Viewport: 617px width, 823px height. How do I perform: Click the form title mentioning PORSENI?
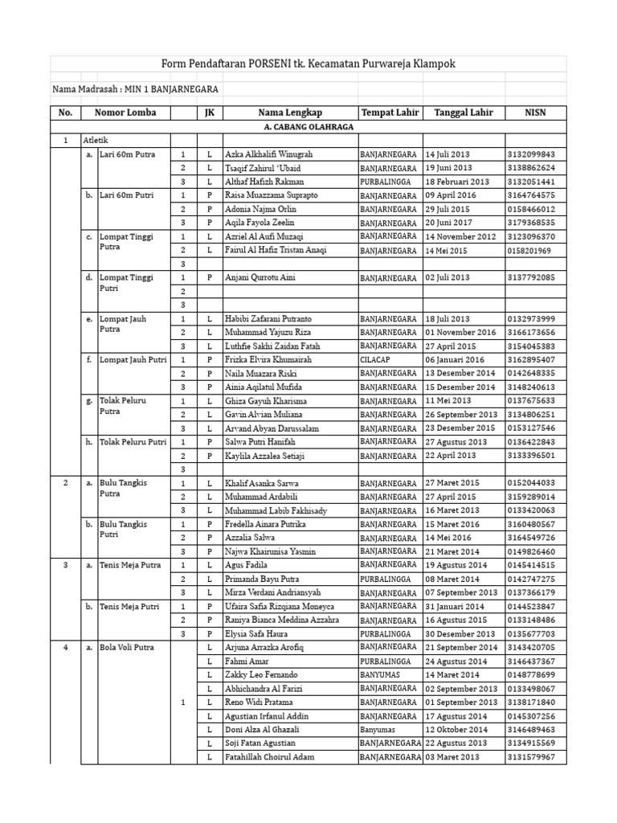pyautogui.click(x=308, y=63)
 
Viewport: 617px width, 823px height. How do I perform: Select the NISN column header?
pyautogui.click(x=536, y=113)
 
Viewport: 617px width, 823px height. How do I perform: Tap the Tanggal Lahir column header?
pyautogui.click(x=464, y=113)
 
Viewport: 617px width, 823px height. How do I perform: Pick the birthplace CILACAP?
pyautogui.click(x=375, y=360)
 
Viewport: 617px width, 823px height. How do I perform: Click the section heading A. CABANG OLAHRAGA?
pyautogui.click(x=308, y=127)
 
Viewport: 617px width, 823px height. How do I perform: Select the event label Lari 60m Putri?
pyautogui.click(x=127, y=195)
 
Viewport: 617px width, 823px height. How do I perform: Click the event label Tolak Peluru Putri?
pyautogui.click(x=133, y=442)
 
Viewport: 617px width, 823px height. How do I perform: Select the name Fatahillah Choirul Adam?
pyautogui.click(x=269, y=757)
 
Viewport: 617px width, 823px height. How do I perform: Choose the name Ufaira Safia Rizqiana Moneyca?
pyautogui.click(x=280, y=607)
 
